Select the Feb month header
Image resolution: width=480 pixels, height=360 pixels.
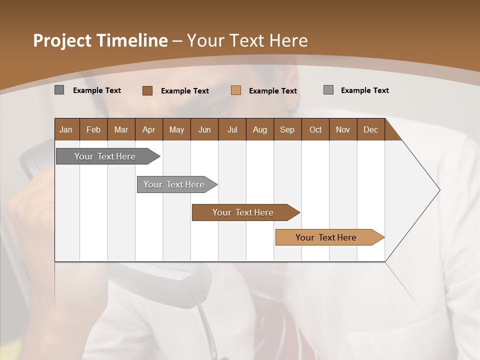[x=93, y=129]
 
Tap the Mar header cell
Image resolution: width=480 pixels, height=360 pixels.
[x=121, y=129]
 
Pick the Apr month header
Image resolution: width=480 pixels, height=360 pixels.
[x=149, y=129]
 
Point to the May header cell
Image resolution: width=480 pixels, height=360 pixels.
[x=176, y=129]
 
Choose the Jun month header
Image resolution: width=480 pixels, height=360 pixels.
[x=204, y=129]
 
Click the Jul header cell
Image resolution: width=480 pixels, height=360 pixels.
[x=232, y=129]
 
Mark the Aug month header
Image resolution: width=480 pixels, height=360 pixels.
[x=260, y=129]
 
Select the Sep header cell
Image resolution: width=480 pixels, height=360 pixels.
[x=287, y=129]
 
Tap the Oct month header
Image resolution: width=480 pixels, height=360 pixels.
[x=315, y=129]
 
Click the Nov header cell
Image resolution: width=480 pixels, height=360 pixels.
[x=343, y=129]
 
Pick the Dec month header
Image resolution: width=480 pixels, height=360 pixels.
[x=371, y=129]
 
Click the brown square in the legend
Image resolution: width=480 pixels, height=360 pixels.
[x=147, y=90]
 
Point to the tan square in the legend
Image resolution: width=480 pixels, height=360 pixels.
[x=236, y=90]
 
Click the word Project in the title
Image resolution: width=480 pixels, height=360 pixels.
[x=63, y=40]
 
